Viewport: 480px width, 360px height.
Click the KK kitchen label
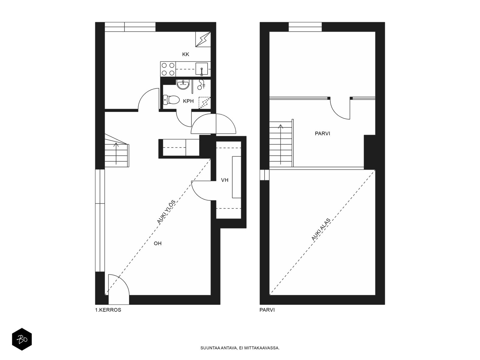click(185, 54)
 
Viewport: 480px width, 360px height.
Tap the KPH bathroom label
click(188, 101)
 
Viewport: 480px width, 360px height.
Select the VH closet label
click(225, 180)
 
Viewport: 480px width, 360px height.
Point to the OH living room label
click(157, 243)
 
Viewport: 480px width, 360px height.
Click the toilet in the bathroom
click(170, 100)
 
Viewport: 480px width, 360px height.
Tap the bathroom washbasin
click(183, 84)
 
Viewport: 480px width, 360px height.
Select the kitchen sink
click(201, 69)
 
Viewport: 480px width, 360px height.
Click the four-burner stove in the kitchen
click(168, 69)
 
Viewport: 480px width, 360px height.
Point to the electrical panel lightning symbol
click(203, 39)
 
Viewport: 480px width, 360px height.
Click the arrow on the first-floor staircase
click(116, 153)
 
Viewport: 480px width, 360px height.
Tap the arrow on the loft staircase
click(280, 144)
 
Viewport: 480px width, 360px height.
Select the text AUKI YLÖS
click(166, 212)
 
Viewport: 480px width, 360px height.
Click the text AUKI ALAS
click(321, 229)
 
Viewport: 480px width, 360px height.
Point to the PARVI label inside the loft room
click(322, 133)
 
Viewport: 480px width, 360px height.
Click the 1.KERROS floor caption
click(108, 310)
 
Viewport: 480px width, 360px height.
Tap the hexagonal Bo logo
click(22, 339)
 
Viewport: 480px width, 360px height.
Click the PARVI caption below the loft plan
click(267, 310)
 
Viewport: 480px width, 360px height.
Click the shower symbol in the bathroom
click(201, 84)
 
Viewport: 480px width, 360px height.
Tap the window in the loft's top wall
click(305, 27)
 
